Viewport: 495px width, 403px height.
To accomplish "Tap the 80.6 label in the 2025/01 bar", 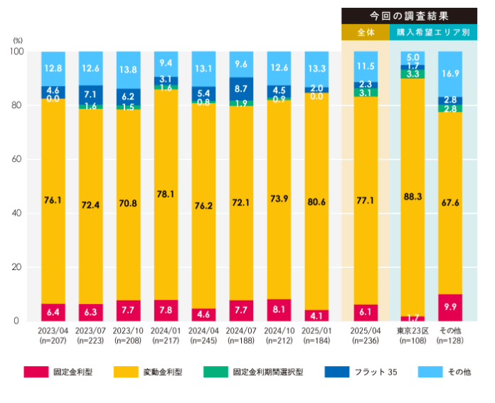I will pos(316,201).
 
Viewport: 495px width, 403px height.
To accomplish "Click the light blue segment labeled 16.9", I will pos(449,72).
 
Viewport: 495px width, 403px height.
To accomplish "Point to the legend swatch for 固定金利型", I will pos(36,372).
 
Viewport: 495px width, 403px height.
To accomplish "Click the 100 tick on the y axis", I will pos(16,52).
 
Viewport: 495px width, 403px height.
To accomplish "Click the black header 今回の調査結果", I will pos(409,15).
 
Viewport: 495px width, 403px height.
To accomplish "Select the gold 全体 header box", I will pos(365,33).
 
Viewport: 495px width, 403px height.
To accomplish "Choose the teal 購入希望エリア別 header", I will pos(433,33).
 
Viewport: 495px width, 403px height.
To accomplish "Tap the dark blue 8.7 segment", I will pos(241,89).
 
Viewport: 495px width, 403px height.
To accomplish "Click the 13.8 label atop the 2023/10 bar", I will pos(128,69).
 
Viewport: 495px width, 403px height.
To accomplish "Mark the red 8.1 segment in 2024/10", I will pos(279,310).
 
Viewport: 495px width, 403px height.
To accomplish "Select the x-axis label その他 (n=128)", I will pos(449,335).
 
